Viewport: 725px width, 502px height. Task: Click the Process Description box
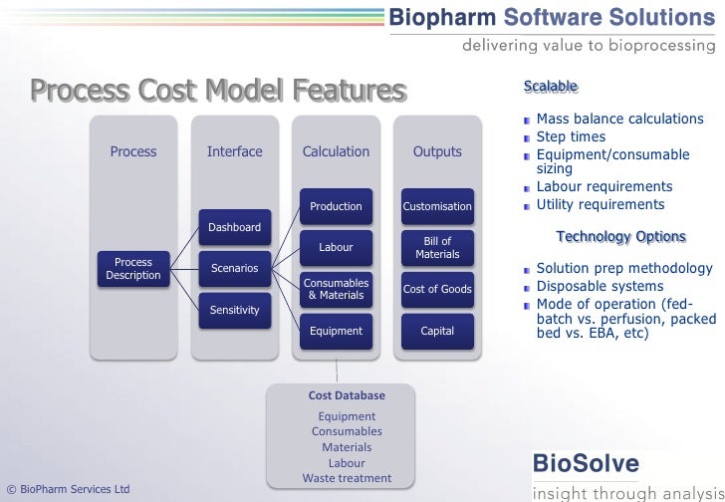click(133, 269)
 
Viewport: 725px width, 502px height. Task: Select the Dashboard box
click(235, 227)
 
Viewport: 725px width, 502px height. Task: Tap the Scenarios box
click(235, 269)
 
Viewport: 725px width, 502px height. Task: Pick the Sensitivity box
click(235, 310)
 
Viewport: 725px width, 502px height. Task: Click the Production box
click(336, 206)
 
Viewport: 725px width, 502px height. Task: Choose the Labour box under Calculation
click(336, 247)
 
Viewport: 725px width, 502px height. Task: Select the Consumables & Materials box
click(336, 289)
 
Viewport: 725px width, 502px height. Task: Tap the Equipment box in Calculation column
click(336, 331)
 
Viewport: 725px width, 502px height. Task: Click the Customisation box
click(437, 206)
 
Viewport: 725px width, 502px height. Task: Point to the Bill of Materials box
click(437, 248)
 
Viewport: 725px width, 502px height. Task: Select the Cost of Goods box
click(437, 289)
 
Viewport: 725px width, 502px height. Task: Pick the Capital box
click(437, 331)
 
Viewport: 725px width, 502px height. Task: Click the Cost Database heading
click(347, 395)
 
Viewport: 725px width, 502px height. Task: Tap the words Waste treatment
click(347, 479)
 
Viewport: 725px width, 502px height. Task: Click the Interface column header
click(235, 152)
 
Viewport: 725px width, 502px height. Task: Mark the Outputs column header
click(437, 152)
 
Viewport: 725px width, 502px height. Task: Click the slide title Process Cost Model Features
click(218, 92)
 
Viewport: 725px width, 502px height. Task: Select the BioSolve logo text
click(587, 463)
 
